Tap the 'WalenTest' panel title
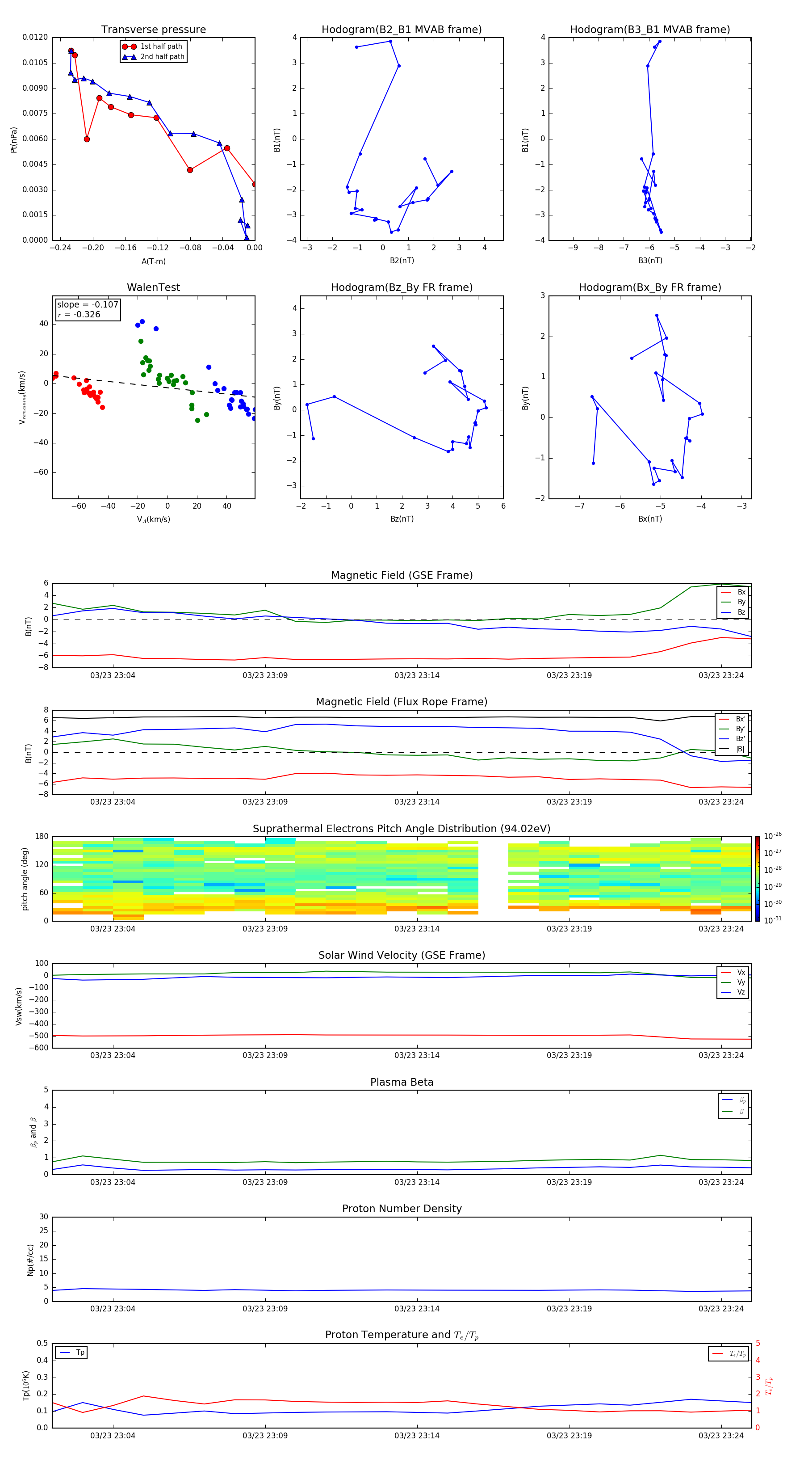click(x=153, y=287)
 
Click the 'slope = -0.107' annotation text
click(x=88, y=305)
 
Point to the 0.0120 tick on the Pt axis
click(x=35, y=37)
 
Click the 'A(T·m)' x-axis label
click(x=153, y=261)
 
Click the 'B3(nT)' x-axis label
click(x=650, y=261)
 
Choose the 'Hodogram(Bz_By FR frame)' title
click(x=401, y=287)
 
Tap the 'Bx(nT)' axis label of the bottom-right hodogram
click(x=650, y=519)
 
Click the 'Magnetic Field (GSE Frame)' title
click(x=401, y=575)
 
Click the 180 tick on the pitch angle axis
click(x=42, y=837)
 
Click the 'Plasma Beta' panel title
click(x=401, y=1082)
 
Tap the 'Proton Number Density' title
click(x=401, y=1209)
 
